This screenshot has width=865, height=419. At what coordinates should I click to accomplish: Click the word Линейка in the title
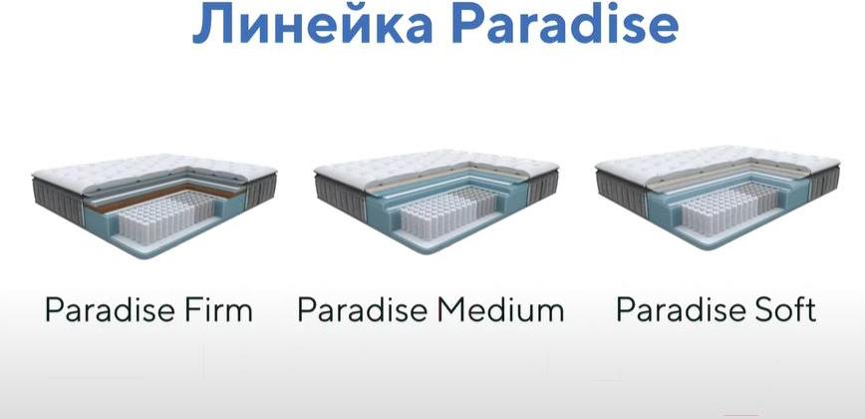(x=312, y=23)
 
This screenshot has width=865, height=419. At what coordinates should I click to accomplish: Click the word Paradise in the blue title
(x=565, y=23)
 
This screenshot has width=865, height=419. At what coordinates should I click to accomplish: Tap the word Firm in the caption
(x=218, y=310)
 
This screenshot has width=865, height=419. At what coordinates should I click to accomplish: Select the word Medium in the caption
(x=501, y=310)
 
